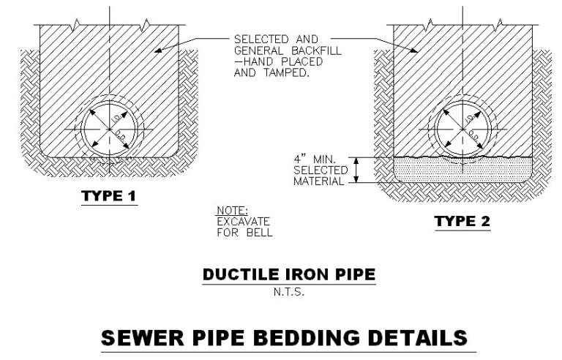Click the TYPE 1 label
109,196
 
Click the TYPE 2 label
462,221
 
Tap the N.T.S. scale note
289,292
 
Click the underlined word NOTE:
232,210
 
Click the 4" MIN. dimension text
315,159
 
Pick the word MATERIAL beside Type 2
319,181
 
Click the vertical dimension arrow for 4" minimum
356,170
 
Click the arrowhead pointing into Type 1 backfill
158,50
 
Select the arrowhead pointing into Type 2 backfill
414,50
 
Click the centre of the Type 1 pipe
109,129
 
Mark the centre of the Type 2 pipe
462,129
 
